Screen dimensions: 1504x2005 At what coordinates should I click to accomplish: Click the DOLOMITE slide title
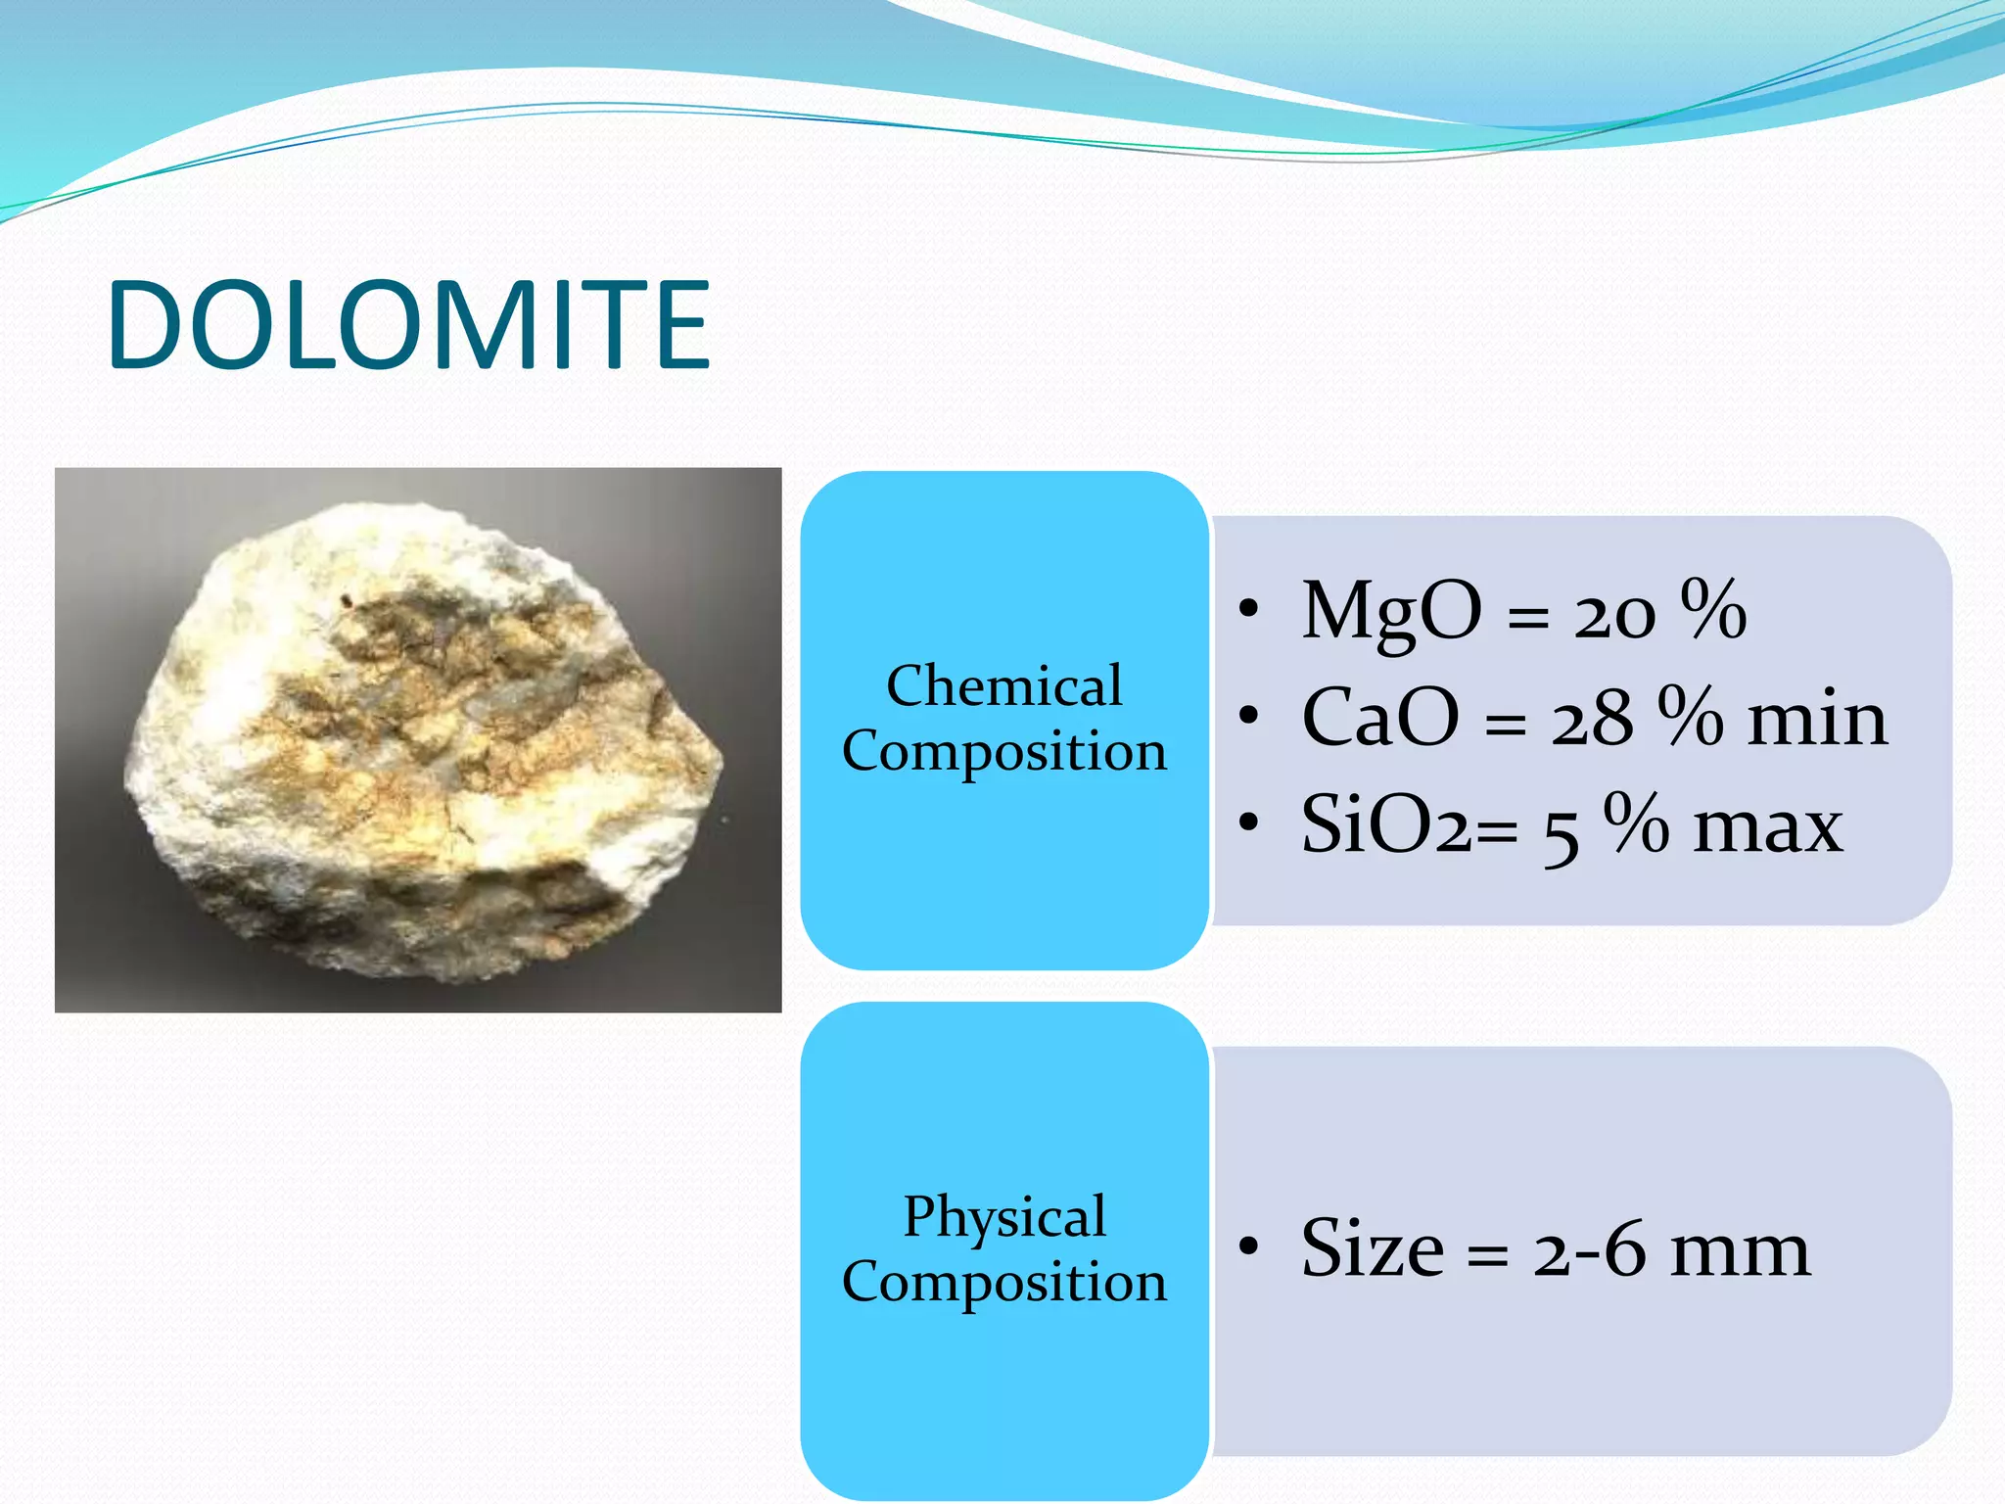(x=408, y=325)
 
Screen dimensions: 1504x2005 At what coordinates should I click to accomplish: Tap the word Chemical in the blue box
(x=1003, y=685)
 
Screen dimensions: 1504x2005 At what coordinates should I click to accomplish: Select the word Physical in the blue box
(x=1003, y=1217)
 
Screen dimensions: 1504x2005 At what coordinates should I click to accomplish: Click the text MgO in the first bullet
(x=1390, y=611)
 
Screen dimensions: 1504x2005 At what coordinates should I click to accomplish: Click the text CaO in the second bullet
(x=1379, y=718)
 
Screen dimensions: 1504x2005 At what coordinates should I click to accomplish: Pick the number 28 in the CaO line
(x=1591, y=721)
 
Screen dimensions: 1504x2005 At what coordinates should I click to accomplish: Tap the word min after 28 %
(x=1817, y=719)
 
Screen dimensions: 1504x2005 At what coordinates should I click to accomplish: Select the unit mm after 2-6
(x=1740, y=1251)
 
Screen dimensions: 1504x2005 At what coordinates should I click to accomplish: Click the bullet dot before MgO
(x=1247, y=610)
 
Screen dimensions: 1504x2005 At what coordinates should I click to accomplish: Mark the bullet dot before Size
(x=1247, y=1247)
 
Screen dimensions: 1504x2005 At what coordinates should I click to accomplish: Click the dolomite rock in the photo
(x=421, y=744)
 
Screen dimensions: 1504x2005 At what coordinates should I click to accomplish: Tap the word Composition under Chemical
(x=1003, y=751)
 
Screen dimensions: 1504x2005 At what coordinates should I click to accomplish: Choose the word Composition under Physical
(x=1003, y=1282)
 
